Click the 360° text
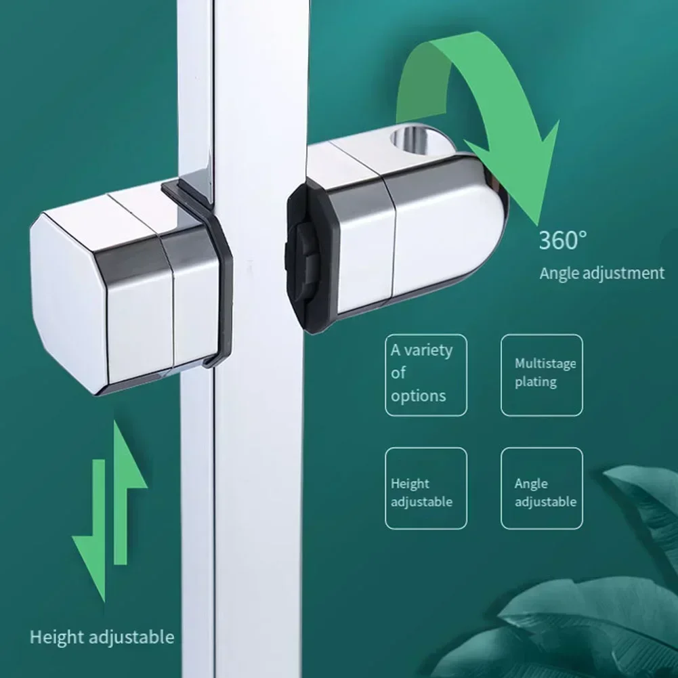click(563, 240)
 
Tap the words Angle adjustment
click(601, 274)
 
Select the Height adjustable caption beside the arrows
click(102, 637)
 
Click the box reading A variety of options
click(426, 375)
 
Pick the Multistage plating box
click(541, 375)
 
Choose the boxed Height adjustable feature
click(426, 488)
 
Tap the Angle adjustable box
click(541, 488)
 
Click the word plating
click(535, 382)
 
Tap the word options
click(419, 396)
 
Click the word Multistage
click(545, 364)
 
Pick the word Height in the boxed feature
click(410, 484)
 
